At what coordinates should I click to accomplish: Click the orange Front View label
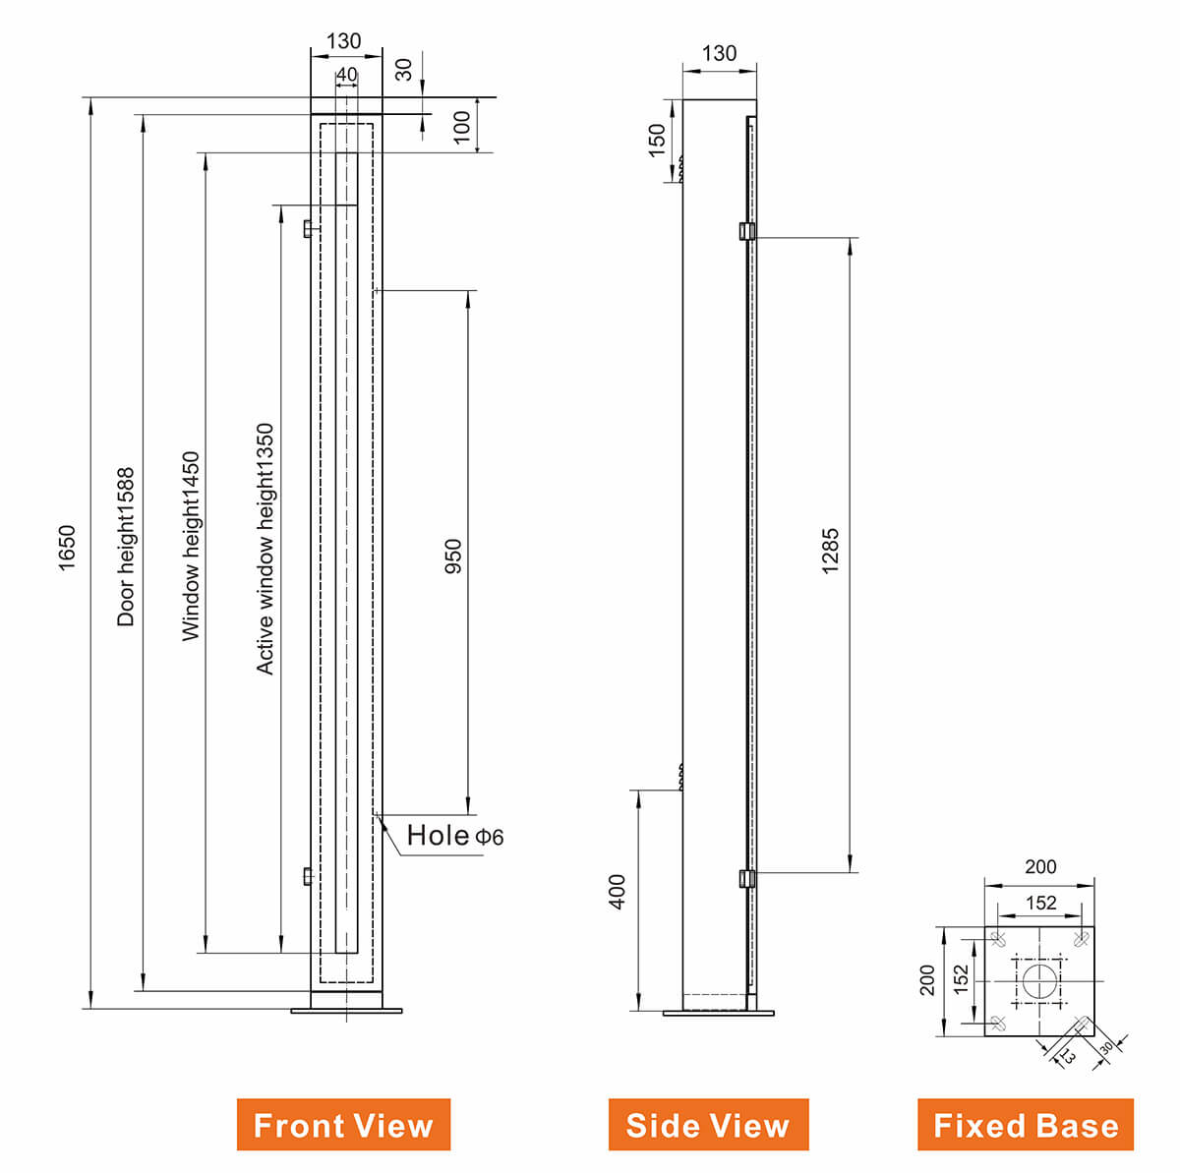tap(343, 1125)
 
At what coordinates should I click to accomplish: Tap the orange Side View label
tap(708, 1125)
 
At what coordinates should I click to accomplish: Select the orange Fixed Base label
tap(1026, 1125)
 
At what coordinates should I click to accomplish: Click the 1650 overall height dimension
tap(66, 549)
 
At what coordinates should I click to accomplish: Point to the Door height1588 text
tap(126, 547)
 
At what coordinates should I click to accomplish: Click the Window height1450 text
tap(191, 546)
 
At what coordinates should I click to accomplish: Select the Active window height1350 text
tap(265, 549)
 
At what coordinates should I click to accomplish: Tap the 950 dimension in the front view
tap(453, 556)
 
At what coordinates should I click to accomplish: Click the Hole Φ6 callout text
tap(454, 836)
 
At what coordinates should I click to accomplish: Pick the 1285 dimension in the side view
tap(831, 552)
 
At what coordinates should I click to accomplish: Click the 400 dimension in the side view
tap(618, 891)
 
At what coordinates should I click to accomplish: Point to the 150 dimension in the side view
tap(657, 140)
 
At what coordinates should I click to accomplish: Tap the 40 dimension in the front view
tap(347, 75)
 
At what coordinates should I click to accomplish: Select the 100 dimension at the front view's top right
tap(462, 126)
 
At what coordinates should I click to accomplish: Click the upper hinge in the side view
tap(746, 231)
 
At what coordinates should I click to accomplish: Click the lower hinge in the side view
tap(746, 878)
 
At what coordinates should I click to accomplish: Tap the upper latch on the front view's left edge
tap(308, 229)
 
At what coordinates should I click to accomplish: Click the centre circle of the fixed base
tap(1039, 980)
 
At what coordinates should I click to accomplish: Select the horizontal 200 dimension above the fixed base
tap(1040, 867)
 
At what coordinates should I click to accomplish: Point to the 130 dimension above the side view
tap(719, 54)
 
